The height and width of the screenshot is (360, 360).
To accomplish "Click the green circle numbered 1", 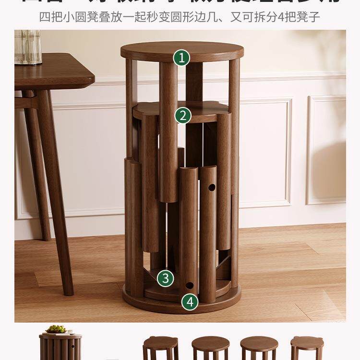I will click(181, 58).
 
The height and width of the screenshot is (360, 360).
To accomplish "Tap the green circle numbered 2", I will click(183, 115).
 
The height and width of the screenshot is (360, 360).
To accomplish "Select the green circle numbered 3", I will click(165, 278).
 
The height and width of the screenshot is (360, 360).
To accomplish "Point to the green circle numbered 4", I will click(190, 302).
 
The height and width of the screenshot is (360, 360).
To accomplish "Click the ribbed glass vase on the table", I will click(28, 47).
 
